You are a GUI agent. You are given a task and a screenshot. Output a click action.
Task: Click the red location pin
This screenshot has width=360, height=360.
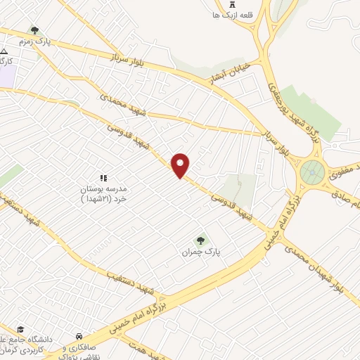pyautogui.click(x=181, y=165)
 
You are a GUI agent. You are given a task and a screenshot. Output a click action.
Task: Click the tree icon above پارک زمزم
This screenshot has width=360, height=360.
pyautogui.click(x=34, y=30)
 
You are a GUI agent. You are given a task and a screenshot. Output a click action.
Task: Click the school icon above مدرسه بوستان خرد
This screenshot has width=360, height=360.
pyautogui.click(x=103, y=179)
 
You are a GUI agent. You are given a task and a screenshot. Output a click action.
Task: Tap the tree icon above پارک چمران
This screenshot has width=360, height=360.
pyautogui.click(x=202, y=240)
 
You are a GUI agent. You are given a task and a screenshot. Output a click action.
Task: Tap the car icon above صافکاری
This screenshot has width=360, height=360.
pyautogui.click(x=81, y=336)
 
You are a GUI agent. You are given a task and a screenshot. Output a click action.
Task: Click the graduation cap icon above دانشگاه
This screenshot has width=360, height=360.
pyautogui.click(x=20, y=330)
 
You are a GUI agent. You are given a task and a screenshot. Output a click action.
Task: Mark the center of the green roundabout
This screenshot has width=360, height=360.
pyautogui.click(x=311, y=171)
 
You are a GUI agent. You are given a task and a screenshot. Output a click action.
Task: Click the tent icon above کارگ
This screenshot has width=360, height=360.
pyautogui.click(x=4, y=52)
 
